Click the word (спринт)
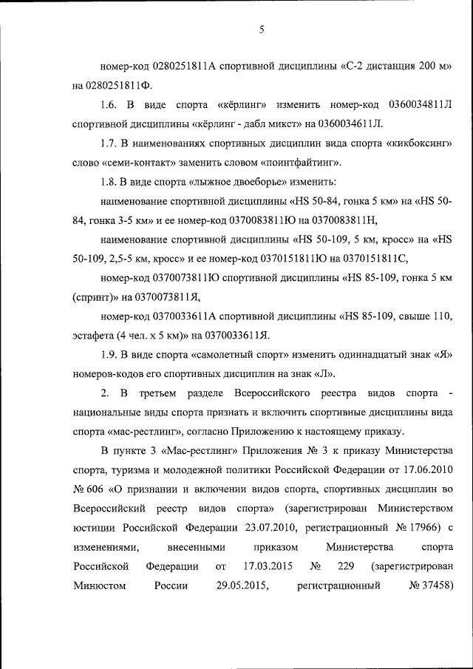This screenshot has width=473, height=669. [92, 296]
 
